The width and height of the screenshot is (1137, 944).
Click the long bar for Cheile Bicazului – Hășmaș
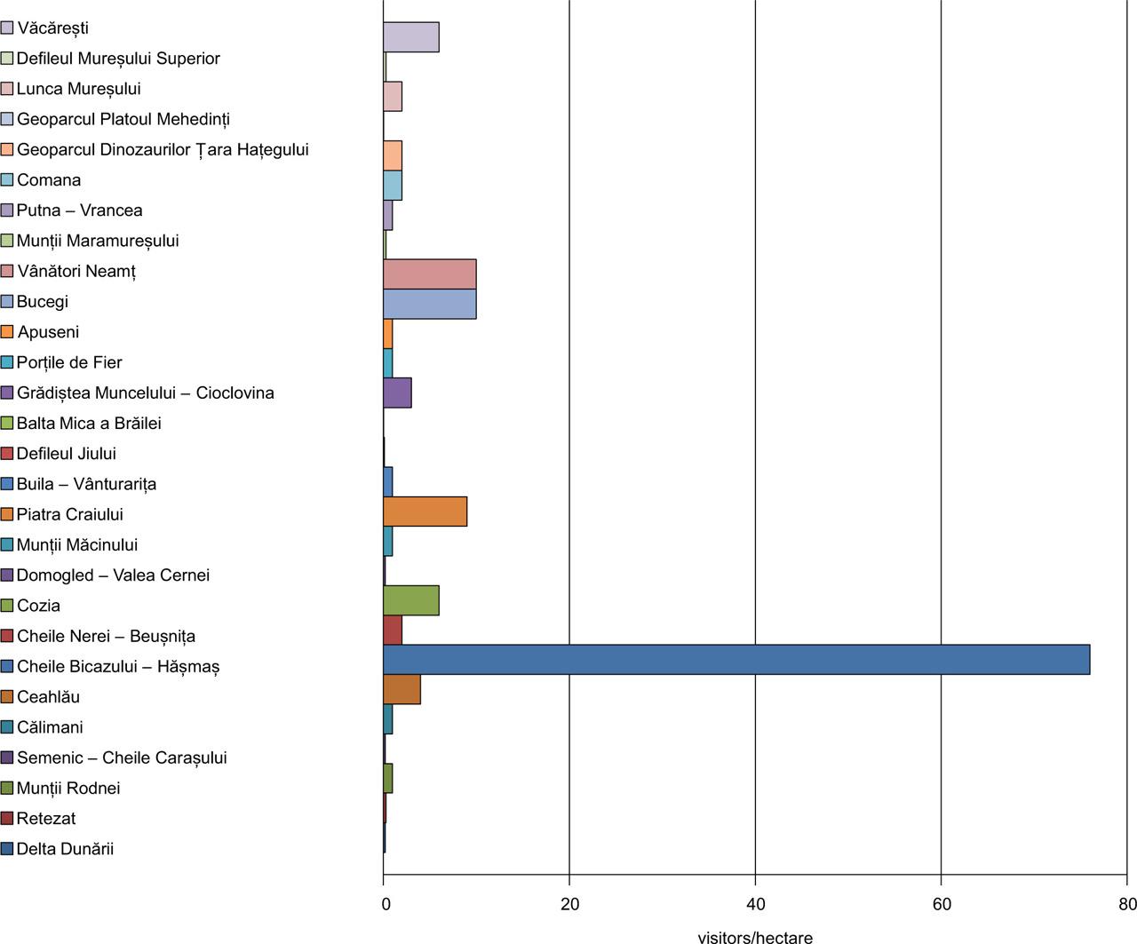coord(735,660)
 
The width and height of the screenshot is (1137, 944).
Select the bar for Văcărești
coord(410,37)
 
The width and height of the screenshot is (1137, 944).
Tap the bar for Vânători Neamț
coord(429,274)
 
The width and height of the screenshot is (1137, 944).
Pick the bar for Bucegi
coord(429,304)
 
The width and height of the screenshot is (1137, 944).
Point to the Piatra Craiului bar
coord(425,512)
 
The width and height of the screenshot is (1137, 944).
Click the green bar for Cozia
coord(410,601)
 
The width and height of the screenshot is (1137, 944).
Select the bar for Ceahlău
coord(402,690)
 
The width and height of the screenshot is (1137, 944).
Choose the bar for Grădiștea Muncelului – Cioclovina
coord(397,393)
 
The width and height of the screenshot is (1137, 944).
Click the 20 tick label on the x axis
coord(569,905)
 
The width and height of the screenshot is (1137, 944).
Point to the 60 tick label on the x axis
coord(942,905)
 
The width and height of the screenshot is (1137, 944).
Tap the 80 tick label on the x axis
coord(1127,905)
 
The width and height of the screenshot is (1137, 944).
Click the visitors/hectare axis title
coord(755,937)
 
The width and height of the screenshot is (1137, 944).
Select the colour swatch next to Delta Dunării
coord(7,849)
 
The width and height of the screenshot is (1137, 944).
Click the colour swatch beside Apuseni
coord(7,332)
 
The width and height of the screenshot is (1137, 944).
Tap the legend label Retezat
coord(46,819)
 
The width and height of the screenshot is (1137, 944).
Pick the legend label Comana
coord(49,180)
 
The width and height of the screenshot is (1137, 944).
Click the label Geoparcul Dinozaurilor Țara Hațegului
coord(163,150)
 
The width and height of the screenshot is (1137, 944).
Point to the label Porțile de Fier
coord(69,362)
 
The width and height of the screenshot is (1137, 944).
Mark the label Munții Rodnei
coord(68,789)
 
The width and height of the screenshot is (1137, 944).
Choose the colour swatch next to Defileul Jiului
coord(7,454)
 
